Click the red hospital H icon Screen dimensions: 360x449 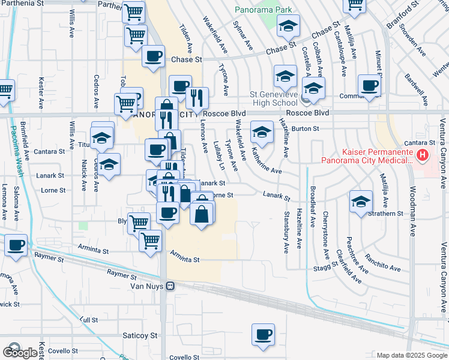423,157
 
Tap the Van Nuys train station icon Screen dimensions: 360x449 171,286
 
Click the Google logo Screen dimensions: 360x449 21,353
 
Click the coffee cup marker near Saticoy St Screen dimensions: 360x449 263,335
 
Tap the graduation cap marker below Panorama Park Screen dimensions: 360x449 288,26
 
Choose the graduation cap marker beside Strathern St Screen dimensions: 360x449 361,202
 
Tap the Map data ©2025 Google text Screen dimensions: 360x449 412,355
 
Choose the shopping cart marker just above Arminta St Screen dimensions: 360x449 150,241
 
